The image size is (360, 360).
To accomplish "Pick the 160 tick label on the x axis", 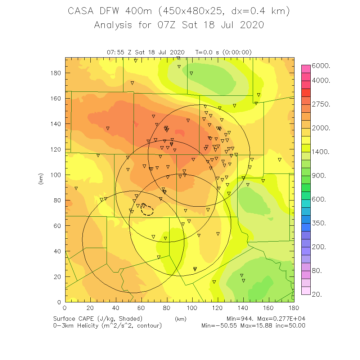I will coord(269,308).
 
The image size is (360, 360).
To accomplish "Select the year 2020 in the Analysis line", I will coord(251,25).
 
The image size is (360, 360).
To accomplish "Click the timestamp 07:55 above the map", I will coord(115,52).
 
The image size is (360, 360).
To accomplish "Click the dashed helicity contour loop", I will coord(148,210).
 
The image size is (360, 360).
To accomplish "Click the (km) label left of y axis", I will coord(41,179).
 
